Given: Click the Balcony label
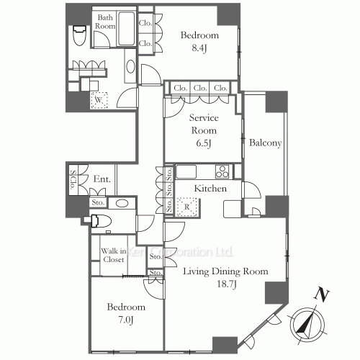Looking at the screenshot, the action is (265, 143).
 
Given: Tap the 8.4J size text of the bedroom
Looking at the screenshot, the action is (199, 48).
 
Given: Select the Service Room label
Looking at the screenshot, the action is (204, 124).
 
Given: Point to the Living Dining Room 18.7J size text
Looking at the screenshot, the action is (227, 284).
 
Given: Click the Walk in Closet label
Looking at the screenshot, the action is (114, 255).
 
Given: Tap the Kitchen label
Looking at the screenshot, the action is (210, 189).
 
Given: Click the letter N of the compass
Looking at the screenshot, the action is (321, 294).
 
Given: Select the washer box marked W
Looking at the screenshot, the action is (99, 100).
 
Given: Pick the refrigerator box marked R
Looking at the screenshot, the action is (186, 207).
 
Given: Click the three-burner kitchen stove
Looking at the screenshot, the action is (222, 171).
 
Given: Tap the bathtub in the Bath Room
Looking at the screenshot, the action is (126, 29).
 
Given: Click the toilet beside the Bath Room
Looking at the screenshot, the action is (79, 35).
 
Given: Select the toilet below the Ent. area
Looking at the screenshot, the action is (101, 221).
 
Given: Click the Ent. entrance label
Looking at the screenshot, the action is (102, 179).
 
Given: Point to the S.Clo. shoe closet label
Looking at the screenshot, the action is (73, 179).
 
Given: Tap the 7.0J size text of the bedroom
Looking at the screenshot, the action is (126, 320).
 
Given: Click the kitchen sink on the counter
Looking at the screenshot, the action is (186, 172).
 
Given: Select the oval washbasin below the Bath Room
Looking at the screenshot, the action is (131, 66).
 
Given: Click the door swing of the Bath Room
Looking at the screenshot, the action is (102, 40).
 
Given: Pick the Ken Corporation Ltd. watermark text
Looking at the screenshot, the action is (179, 252).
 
